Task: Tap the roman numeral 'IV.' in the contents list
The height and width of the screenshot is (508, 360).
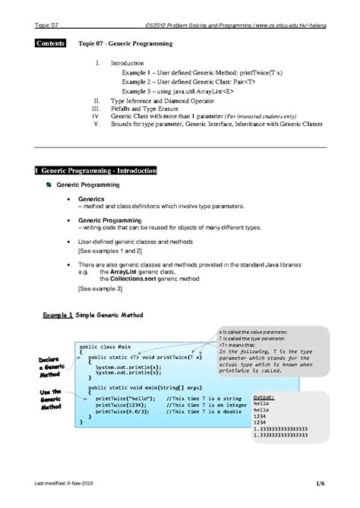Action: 94,115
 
